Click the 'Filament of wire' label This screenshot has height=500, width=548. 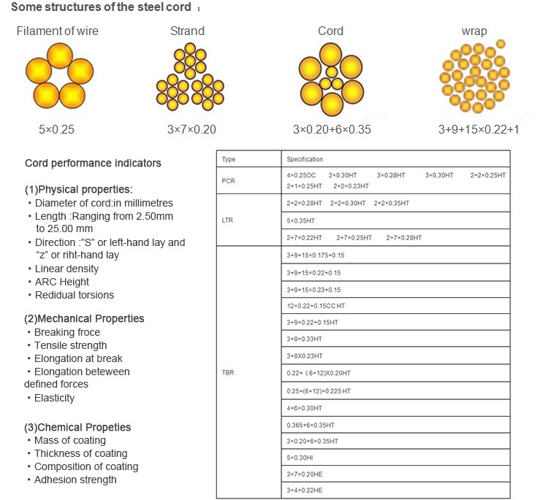[x=57, y=31]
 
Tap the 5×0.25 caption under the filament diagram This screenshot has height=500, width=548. [x=57, y=129]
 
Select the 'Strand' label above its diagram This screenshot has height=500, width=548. [x=187, y=31]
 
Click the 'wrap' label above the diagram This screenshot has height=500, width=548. [x=474, y=31]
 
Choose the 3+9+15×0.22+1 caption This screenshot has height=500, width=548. [x=479, y=129]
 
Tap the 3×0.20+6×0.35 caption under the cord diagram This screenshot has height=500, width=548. [x=332, y=129]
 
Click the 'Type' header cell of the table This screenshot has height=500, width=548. [x=229, y=159]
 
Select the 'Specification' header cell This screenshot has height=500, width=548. [x=305, y=159]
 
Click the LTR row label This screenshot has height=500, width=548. [x=229, y=220]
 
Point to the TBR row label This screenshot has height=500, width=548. [x=229, y=372]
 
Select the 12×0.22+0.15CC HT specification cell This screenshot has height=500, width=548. [x=316, y=306]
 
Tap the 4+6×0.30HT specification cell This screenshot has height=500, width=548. [x=305, y=407]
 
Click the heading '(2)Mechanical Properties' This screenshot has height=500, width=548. [x=84, y=318]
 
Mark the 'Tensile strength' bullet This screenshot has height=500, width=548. [x=70, y=345]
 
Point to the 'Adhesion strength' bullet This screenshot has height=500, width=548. [x=75, y=480]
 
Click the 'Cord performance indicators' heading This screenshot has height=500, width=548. [x=93, y=163]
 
